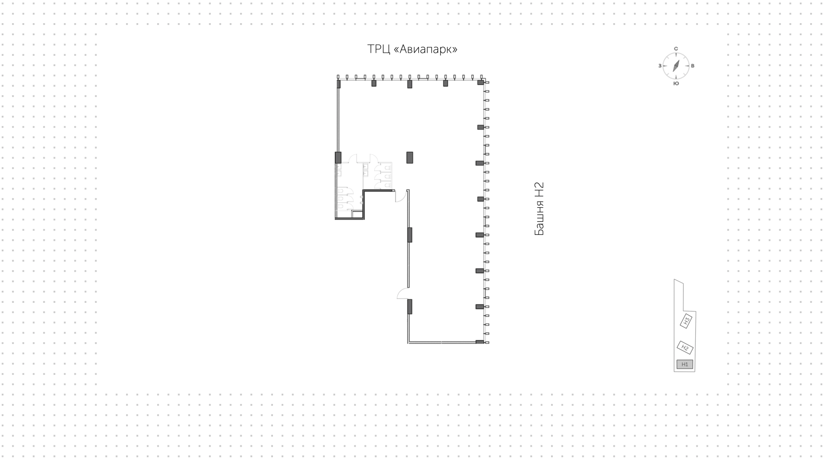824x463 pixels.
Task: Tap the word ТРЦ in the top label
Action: (x=378, y=49)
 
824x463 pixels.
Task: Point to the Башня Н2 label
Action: (x=539, y=209)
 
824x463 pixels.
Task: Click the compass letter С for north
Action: (x=676, y=49)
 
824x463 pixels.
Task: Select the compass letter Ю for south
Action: (x=676, y=83)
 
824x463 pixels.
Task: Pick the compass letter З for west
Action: (x=660, y=66)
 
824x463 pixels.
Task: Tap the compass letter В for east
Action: (x=693, y=66)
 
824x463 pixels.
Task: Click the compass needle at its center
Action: (x=676, y=66)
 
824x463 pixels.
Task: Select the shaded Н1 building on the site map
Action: (x=685, y=364)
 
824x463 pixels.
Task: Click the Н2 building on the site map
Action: (x=685, y=347)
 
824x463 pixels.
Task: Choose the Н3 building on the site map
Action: (x=686, y=320)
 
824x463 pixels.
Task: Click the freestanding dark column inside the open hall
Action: (x=410, y=158)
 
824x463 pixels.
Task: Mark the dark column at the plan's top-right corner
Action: (x=481, y=82)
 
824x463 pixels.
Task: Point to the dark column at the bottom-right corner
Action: (x=480, y=342)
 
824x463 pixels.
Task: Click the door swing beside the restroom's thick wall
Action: (x=400, y=197)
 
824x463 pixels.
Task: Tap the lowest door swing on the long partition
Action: (x=403, y=294)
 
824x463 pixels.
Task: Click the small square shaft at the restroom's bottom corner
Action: (x=357, y=215)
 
